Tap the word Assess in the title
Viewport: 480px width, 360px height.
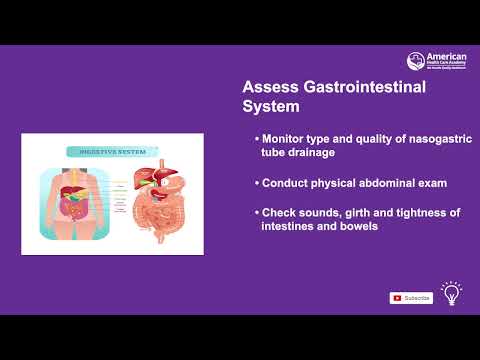pos(269,88)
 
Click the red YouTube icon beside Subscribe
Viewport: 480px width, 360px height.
pos(397,298)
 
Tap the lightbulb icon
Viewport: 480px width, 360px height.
pos(451,294)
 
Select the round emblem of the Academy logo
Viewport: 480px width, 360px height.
pos(415,61)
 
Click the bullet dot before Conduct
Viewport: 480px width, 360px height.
pos(256,184)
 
